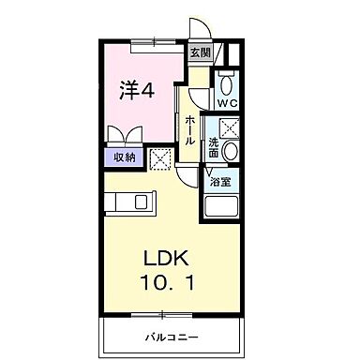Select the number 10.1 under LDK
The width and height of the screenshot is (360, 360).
[x=170, y=282]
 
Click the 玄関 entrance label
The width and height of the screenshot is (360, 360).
[x=201, y=53]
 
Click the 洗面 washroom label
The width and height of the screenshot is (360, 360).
[x=214, y=147]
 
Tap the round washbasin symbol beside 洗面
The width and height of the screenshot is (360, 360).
[x=232, y=150]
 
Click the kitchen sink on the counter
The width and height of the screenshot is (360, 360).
[x=141, y=202]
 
